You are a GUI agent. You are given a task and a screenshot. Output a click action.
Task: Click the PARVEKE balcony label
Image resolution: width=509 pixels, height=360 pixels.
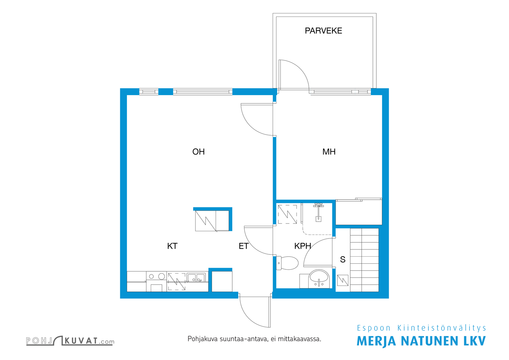point(323,31)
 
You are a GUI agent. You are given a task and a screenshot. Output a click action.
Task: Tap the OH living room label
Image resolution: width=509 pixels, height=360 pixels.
point(199,152)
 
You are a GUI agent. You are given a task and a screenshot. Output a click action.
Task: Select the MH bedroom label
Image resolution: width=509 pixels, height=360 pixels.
point(329,152)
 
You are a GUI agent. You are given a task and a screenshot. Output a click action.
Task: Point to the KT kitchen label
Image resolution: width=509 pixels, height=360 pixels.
point(172,246)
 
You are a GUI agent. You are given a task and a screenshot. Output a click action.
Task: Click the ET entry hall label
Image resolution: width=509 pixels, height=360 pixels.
point(244,246)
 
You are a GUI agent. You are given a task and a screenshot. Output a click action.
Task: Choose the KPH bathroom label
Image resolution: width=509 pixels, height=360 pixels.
point(303,246)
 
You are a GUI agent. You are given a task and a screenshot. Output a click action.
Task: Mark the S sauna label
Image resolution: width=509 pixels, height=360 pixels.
point(343,260)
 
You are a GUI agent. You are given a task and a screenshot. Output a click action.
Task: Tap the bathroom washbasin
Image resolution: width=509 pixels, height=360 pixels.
point(319,279)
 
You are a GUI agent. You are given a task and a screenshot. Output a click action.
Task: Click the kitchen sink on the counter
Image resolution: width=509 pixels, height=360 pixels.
point(196,278)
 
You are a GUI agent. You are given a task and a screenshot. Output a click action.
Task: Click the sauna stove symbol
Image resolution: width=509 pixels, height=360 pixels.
point(343,280)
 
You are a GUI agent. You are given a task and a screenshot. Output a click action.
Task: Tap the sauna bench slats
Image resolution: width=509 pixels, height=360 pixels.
point(364,260)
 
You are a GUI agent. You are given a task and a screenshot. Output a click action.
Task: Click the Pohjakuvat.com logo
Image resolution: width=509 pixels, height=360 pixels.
point(70,341)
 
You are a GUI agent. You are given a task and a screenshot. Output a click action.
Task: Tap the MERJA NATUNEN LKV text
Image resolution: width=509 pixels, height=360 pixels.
point(421,341)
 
